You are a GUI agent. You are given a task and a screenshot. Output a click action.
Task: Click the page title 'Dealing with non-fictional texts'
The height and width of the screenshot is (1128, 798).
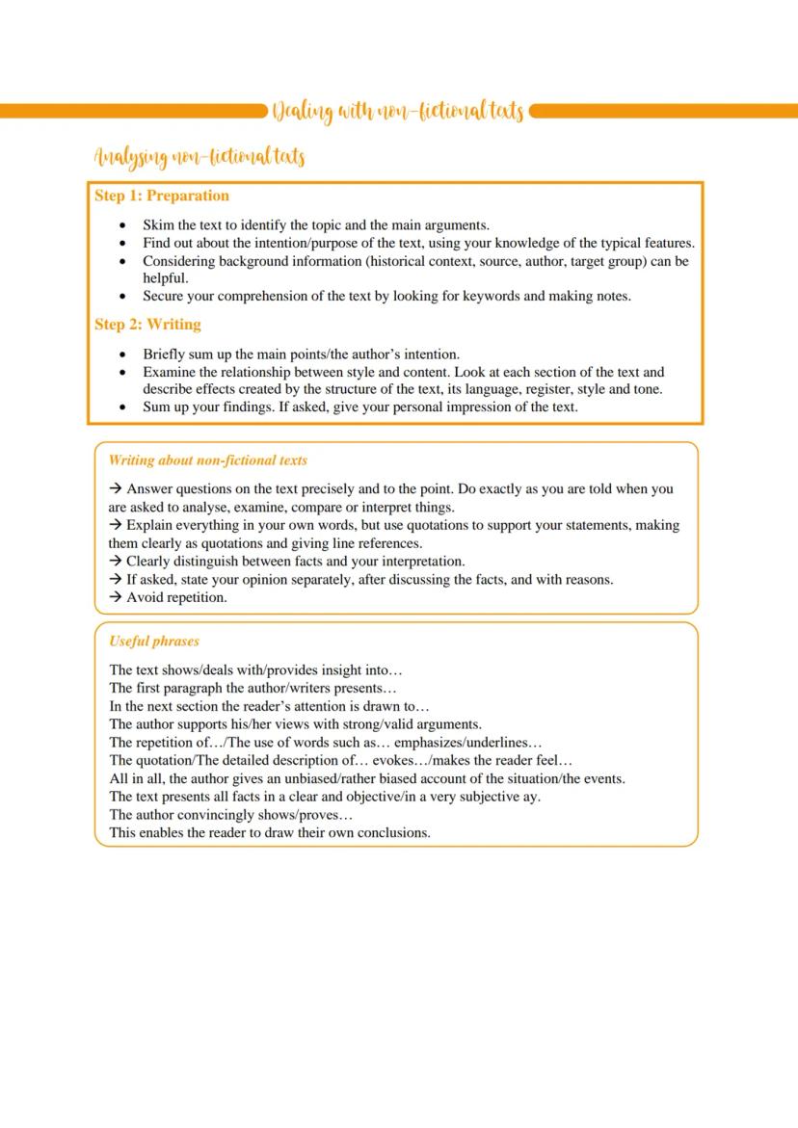397,112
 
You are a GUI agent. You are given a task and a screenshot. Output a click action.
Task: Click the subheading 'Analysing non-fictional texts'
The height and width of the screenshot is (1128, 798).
199,156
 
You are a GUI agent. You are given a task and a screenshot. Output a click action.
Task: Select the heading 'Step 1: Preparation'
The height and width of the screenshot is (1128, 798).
162,196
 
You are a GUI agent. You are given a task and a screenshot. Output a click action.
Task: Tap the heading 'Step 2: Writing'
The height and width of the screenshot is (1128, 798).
147,325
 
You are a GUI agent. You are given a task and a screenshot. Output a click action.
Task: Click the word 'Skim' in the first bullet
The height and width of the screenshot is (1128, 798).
158,225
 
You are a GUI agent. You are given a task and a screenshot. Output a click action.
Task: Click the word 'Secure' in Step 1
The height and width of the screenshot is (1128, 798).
165,296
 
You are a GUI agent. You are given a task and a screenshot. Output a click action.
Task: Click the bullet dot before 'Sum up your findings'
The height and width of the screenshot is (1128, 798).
122,407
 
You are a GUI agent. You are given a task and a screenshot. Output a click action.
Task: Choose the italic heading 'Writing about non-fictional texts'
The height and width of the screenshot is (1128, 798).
208,460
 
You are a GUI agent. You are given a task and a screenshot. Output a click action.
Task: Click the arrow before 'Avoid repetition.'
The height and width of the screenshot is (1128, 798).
116,597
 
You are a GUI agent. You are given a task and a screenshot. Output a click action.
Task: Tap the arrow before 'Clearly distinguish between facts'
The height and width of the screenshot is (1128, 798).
116,561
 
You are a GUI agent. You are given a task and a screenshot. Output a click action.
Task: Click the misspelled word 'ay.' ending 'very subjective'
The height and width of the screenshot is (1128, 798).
530,797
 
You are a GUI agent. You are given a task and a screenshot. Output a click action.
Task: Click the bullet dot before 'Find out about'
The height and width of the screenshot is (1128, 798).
122,244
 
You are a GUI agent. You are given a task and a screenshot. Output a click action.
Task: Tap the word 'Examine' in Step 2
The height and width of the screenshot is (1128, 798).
170,372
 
